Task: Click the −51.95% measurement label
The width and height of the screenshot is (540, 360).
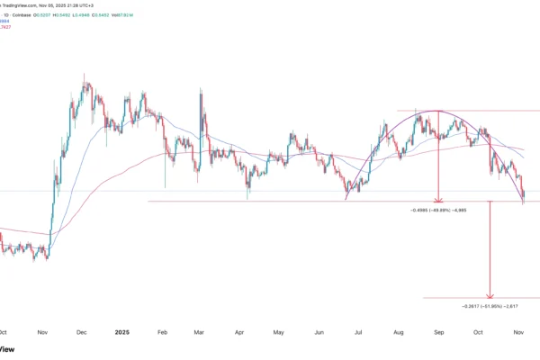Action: tap(490, 306)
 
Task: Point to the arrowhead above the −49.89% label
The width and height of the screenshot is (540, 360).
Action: tap(438, 199)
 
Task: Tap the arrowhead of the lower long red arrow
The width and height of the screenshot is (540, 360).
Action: tap(490, 296)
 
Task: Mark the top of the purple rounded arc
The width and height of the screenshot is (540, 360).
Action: tap(438, 111)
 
